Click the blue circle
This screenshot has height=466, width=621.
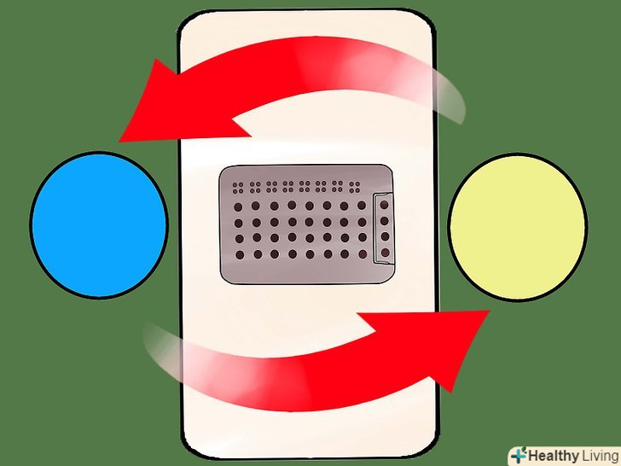click(x=99, y=224)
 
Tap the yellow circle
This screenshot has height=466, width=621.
click(x=518, y=227)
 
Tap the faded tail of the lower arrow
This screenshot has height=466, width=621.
click(x=166, y=349)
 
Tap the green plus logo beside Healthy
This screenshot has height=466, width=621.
click(x=519, y=455)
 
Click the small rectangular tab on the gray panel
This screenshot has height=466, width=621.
click(x=384, y=228)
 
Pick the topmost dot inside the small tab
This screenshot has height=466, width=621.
click(x=384, y=205)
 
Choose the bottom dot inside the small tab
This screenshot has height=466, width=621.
click(x=385, y=253)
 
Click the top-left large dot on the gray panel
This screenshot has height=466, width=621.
click(x=238, y=207)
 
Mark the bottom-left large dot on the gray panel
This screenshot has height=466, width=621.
click(x=240, y=255)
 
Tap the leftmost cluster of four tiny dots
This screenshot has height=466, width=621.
click(x=238, y=188)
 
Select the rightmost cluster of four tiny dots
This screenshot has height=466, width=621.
click(x=355, y=187)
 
